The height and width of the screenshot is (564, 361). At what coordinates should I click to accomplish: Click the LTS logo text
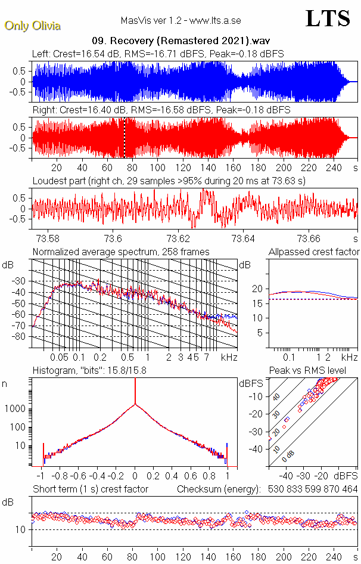pos(327,18)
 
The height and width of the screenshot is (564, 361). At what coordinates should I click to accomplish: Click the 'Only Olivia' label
pos(33,26)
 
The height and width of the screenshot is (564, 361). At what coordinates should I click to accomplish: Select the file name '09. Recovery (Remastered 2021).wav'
pos(181,41)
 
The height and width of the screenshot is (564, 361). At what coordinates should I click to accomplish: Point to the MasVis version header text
pos(181,20)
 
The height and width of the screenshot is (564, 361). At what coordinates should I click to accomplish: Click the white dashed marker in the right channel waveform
pos(125,138)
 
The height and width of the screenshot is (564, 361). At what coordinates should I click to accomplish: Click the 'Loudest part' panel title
pos(169,181)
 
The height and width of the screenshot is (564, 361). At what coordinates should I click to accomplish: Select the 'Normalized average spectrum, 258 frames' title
pos(121,252)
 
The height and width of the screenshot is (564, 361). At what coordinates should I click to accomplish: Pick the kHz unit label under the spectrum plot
pos(230,357)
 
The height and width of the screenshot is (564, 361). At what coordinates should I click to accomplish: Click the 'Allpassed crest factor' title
pos(314,252)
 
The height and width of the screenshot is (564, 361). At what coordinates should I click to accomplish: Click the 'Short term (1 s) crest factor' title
pos(91,489)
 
